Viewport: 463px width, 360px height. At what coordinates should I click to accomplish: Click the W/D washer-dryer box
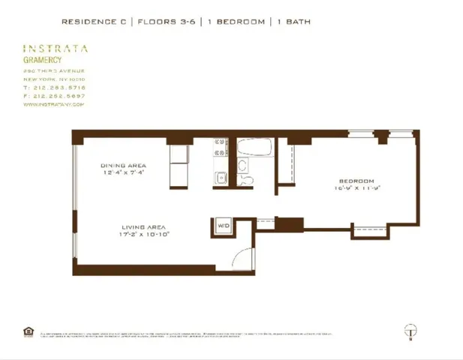coord(223,225)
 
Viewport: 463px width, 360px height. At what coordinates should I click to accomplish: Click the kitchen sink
coord(221,178)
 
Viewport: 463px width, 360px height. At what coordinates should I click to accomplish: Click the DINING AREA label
coord(123,165)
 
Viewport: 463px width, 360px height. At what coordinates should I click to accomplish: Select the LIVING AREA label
coord(144,226)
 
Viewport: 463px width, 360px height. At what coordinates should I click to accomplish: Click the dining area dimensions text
coord(123,172)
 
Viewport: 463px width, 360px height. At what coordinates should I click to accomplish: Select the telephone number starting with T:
coord(54,88)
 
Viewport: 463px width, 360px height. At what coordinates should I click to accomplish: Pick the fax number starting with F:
coord(54,96)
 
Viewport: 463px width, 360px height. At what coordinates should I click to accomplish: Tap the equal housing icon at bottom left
coord(29,331)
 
